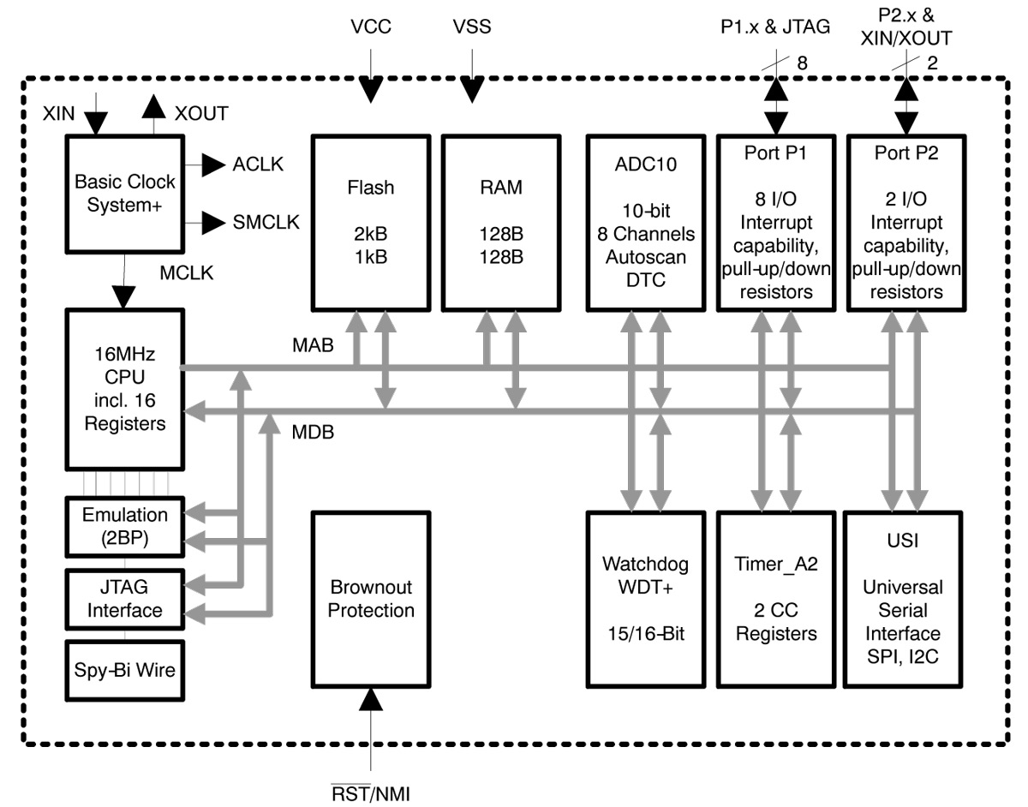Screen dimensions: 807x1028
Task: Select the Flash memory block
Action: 371,221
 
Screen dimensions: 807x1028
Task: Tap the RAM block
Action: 502,221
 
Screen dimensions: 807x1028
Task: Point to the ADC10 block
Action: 641,221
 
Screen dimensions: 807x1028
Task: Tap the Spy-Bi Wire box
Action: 124,670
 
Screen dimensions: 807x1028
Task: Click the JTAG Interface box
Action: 124,599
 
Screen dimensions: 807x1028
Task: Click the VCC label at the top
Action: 371,27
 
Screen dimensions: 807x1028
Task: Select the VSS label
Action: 472,27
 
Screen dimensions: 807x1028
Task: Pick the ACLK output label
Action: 258,165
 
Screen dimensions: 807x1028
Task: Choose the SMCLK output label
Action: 266,223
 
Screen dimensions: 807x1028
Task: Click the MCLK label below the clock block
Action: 187,275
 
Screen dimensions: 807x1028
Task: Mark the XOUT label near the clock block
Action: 201,114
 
